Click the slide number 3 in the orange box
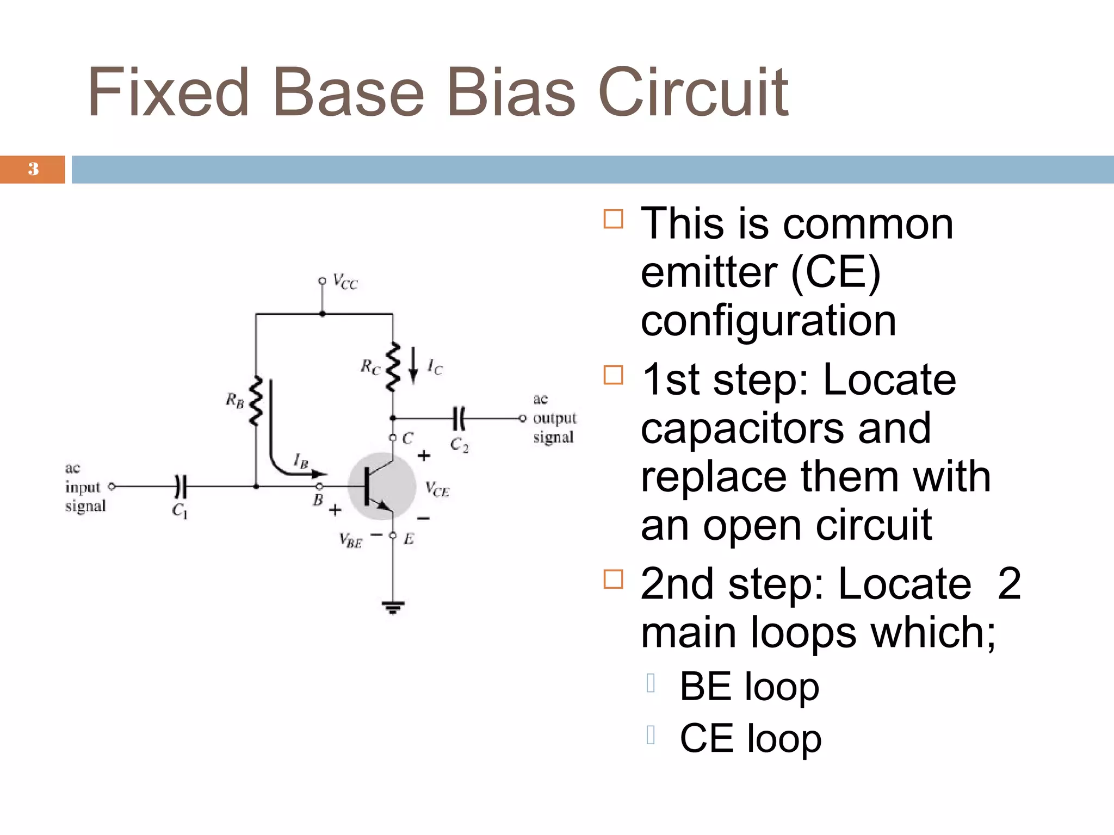pyautogui.click(x=33, y=169)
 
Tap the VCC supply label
pyautogui.click(x=345, y=282)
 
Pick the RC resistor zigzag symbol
pyautogui.click(x=392, y=367)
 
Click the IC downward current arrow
pyautogui.click(x=414, y=365)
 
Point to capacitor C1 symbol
pyautogui.click(x=181, y=486)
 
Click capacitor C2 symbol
pyautogui.click(x=459, y=418)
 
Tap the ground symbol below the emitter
pyautogui.click(x=393, y=607)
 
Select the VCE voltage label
pyautogui.click(x=437, y=489)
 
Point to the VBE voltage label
pyautogui.click(x=351, y=540)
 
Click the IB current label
pyautogui.click(x=301, y=461)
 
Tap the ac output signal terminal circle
pyautogui.click(x=523, y=418)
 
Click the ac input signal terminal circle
pyautogui.click(x=112, y=486)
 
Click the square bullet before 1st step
pyautogui.click(x=613, y=375)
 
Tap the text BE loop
pyautogui.click(x=749, y=687)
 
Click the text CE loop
pyautogui.click(x=750, y=738)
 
